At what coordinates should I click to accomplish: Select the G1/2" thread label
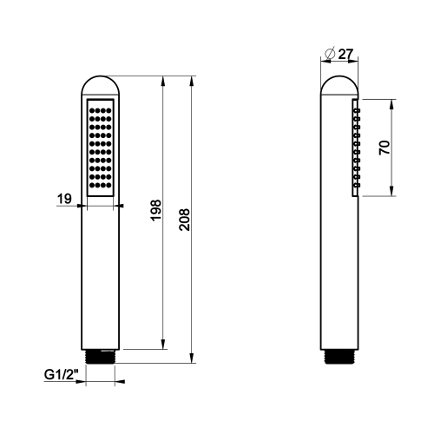tap(62, 376)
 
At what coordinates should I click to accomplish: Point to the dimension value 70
tap(385, 148)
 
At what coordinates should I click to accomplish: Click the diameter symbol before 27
tap(329, 54)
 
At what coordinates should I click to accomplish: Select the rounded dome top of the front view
tap(102, 84)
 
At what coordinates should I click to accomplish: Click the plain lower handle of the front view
tap(102, 278)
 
